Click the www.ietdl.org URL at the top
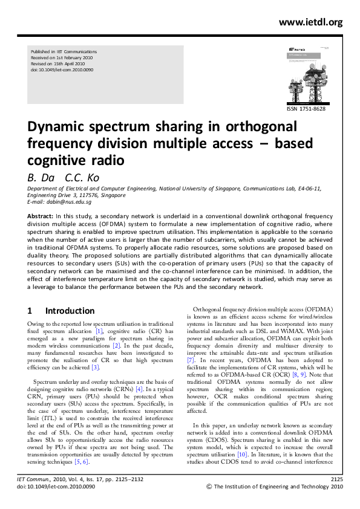(x=310, y=22)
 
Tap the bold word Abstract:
(x=41, y=215)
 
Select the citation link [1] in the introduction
(x=100, y=331)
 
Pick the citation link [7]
(x=190, y=368)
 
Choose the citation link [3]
(x=95, y=367)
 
